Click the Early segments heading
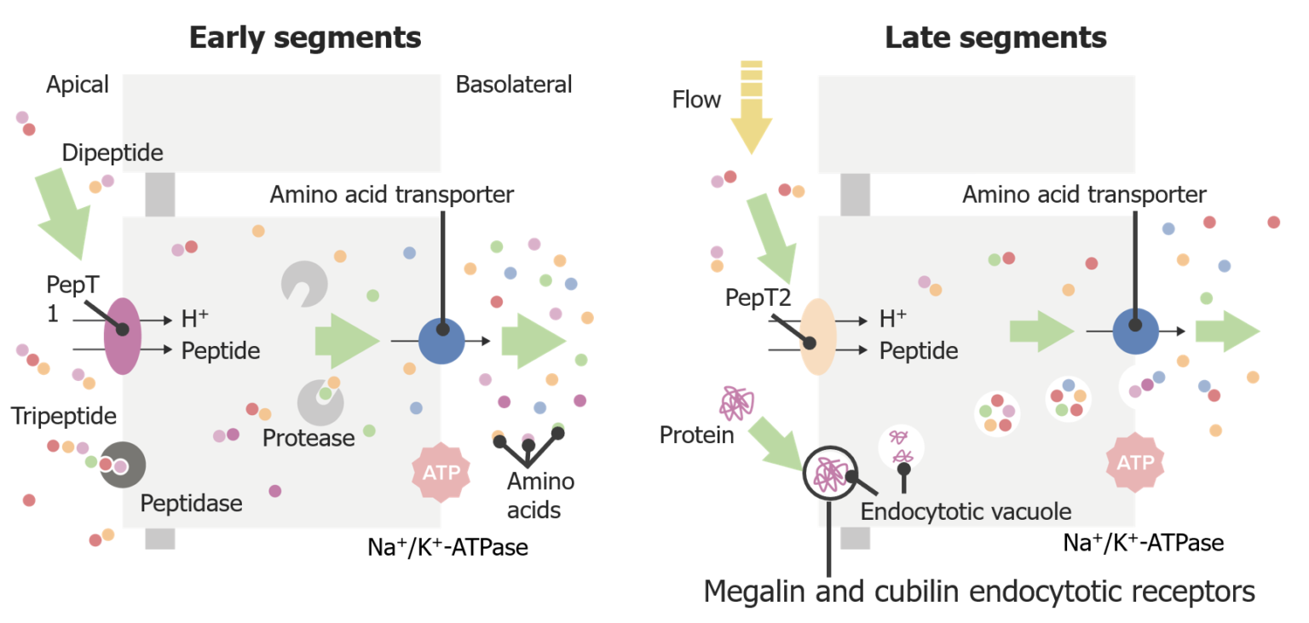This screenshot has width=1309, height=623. pos(304,38)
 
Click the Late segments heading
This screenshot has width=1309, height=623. pos(995,38)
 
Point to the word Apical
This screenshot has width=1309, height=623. pos(78,84)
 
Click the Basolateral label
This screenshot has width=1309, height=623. pos(514,84)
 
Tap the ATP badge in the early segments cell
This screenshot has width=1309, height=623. pos(440,471)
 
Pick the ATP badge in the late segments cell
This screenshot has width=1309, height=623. pos(1135,463)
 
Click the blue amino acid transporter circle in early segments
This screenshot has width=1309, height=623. pos(441,342)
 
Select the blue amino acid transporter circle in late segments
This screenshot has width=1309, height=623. pos(1135,331)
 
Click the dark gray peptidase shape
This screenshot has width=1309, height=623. pos(122,465)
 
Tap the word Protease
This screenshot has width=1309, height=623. pos(309,438)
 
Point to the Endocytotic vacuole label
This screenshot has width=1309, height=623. pos(966,511)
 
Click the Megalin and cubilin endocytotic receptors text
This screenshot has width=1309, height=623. pos(979,591)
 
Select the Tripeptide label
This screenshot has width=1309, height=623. pos(64,416)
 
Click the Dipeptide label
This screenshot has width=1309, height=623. pos(112,153)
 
